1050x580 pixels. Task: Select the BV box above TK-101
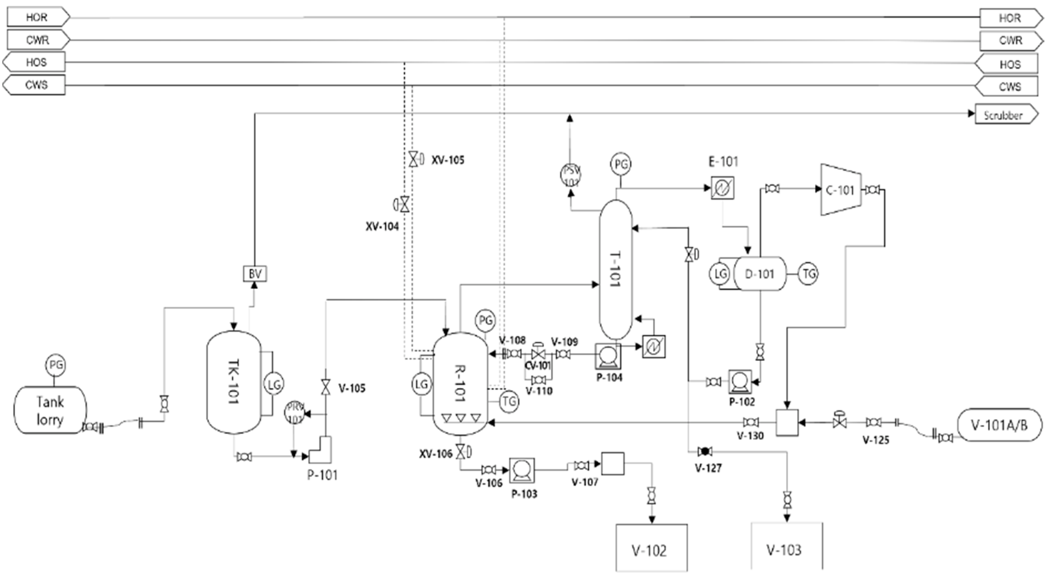point(255,274)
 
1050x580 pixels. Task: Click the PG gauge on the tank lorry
point(55,365)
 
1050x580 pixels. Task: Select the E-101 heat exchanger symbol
point(722,188)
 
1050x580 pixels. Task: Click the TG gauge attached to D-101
point(808,274)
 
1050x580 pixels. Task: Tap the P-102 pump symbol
point(740,382)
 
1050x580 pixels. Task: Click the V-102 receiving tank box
point(651,548)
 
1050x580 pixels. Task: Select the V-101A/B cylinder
point(999,425)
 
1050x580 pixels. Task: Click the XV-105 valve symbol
point(413,159)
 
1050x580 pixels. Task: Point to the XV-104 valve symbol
point(404,204)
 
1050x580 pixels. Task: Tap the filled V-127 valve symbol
point(705,451)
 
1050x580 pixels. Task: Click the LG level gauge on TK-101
point(273,384)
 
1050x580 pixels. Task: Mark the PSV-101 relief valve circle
point(570,175)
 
